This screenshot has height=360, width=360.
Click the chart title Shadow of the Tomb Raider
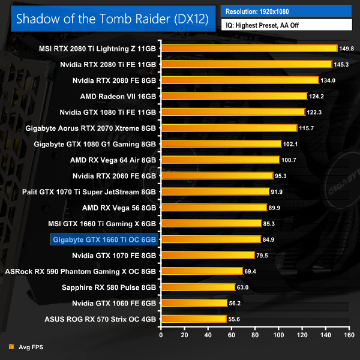[x=112, y=18]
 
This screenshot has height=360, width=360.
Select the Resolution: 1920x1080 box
[x=286, y=11]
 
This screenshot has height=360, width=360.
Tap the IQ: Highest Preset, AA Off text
[x=286, y=25]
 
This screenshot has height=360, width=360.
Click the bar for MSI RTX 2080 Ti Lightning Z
[x=248, y=48]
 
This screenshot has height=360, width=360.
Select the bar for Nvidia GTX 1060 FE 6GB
[x=193, y=303]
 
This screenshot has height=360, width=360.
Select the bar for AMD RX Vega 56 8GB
[x=213, y=208]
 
